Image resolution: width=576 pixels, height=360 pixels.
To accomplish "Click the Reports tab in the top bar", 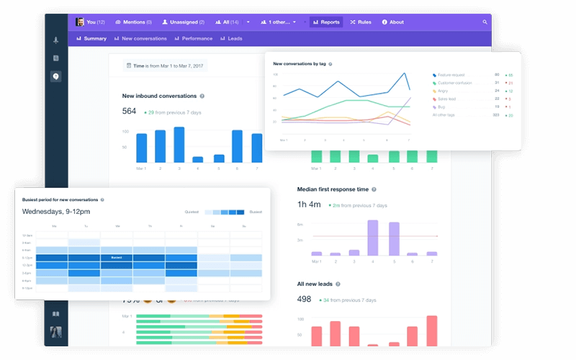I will pyautogui.click(x=326, y=22).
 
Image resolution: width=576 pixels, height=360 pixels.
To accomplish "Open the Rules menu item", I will pyautogui.click(x=361, y=22).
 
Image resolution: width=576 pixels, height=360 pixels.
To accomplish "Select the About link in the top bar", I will pyautogui.click(x=392, y=22).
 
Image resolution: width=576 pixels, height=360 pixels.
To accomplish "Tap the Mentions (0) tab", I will pyautogui.click(x=133, y=22).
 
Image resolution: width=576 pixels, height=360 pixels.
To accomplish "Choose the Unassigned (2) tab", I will pyautogui.click(x=183, y=22).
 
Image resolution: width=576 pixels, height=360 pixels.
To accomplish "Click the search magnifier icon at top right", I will pyautogui.click(x=485, y=22).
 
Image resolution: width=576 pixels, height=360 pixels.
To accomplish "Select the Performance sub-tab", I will pyautogui.click(x=193, y=39).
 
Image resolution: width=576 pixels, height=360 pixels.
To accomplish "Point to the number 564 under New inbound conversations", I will pyautogui.click(x=129, y=112).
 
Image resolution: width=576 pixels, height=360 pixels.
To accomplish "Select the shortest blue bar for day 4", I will pyautogui.click(x=198, y=159).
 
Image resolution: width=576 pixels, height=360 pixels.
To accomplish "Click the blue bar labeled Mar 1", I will pyautogui.click(x=141, y=148).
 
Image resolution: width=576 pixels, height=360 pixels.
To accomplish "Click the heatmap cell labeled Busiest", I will pyautogui.click(x=117, y=256).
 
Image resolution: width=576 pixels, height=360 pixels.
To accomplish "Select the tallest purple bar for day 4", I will pyautogui.click(x=373, y=238).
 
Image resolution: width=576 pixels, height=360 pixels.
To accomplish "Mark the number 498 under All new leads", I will pyautogui.click(x=304, y=300).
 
